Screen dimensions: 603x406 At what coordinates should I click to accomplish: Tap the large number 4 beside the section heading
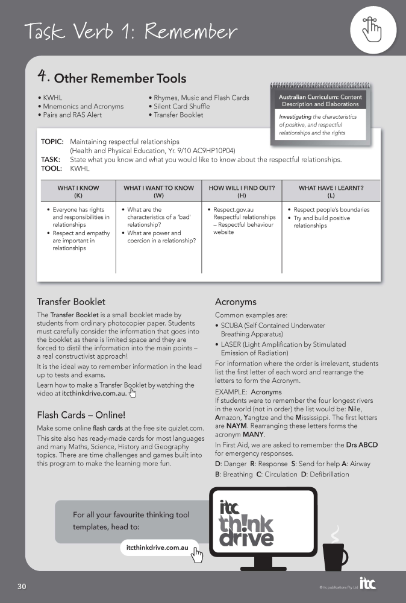pyautogui.click(x=43, y=76)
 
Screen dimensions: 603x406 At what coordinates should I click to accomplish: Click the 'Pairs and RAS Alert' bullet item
pyautogui.click(x=71, y=115)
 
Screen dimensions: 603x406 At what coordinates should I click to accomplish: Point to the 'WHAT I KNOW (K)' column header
pyautogui.click(x=78, y=191)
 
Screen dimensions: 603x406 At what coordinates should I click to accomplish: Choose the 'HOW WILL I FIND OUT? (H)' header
pyautogui.click(x=242, y=191)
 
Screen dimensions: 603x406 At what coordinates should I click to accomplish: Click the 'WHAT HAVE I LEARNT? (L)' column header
pyautogui.click(x=331, y=191)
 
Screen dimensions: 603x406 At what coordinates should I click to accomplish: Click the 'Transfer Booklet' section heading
pyautogui.click(x=71, y=301)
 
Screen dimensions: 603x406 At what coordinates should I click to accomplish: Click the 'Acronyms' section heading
pyautogui.click(x=236, y=301)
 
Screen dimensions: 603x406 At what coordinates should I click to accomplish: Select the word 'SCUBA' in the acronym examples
pyautogui.click(x=232, y=326)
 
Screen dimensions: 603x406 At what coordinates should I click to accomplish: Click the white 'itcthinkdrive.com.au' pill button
pyautogui.click(x=159, y=548)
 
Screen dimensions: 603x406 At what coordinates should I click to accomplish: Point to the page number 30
pyautogui.click(x=22, y=586)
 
